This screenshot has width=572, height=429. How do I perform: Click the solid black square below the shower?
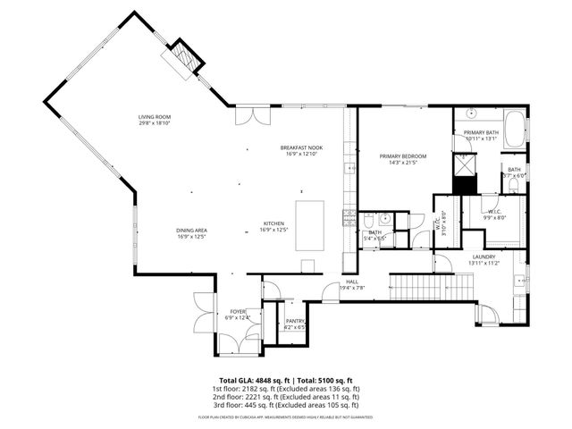[464, 185]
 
